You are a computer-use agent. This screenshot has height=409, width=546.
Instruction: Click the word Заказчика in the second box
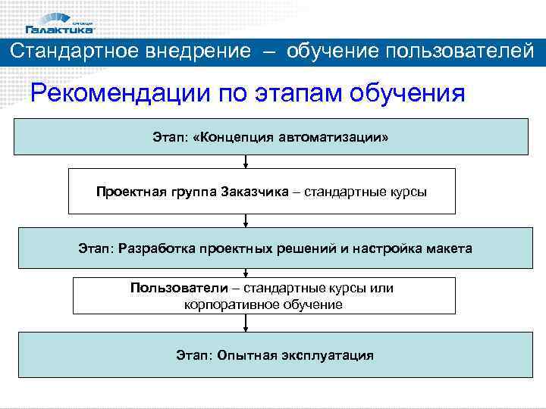(255, 192)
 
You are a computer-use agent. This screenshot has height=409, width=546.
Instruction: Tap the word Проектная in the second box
(128, 192)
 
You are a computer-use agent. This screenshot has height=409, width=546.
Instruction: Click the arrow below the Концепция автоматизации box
(245, 161)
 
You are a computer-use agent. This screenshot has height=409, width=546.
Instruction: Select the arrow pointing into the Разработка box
(245, 220)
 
